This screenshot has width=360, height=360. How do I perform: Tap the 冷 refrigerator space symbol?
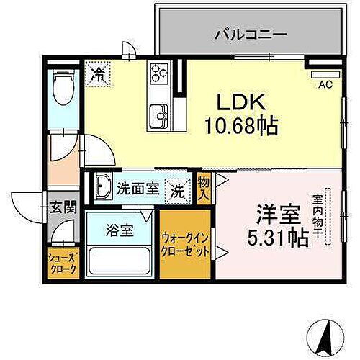tap(97, 72)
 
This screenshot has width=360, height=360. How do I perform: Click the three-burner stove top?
tap(158, 73)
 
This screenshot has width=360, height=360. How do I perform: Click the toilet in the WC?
tap(63, 92)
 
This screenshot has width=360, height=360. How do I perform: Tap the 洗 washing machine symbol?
tap(176, 192)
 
